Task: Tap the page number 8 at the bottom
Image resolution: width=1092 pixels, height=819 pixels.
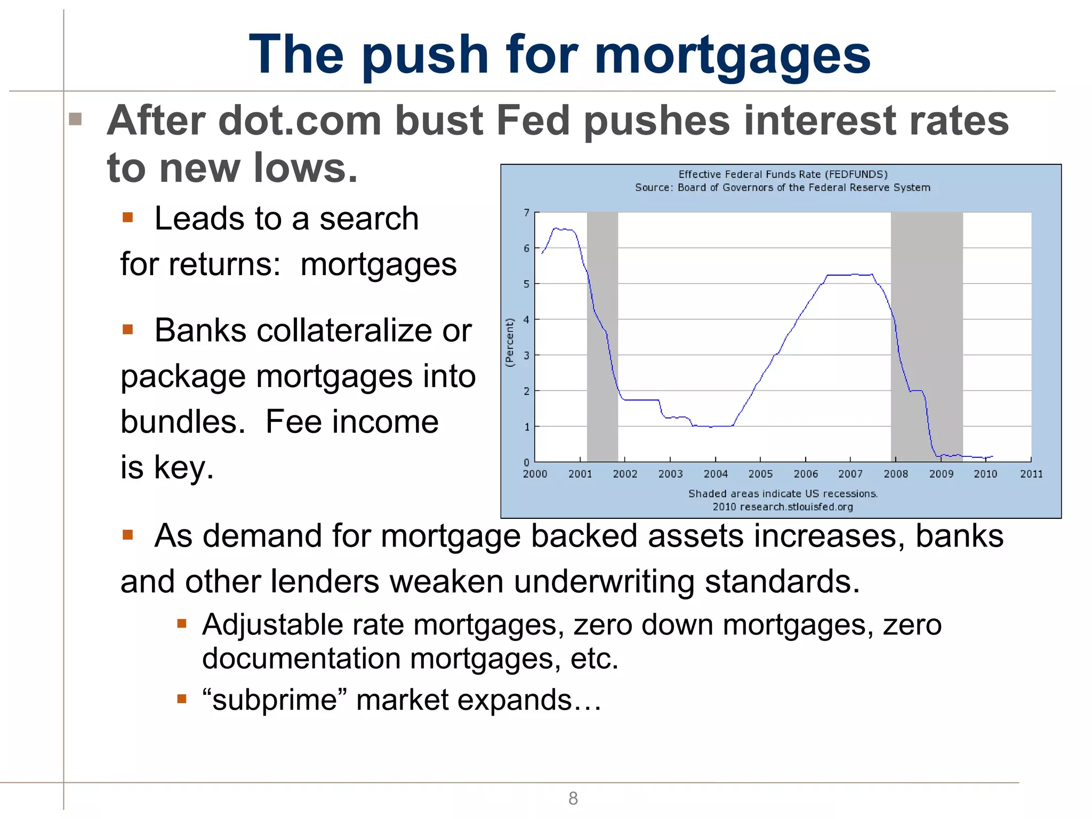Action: [573, 798]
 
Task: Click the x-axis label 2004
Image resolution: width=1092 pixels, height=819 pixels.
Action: [715, 474]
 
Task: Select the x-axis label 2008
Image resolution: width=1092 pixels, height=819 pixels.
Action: [895, 474]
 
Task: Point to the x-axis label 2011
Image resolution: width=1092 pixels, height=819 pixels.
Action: [1031, 474]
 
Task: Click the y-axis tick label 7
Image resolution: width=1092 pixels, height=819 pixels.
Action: [526, 213]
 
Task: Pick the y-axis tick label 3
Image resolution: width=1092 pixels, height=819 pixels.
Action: [526, 356]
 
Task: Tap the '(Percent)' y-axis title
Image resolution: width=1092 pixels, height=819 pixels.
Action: [510, 342]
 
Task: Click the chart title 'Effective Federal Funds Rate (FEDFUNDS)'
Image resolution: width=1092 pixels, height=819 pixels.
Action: [783, 174]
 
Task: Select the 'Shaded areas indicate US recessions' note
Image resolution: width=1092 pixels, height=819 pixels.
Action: [783, 494]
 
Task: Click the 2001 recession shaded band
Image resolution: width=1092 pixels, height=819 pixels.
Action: [602, 336]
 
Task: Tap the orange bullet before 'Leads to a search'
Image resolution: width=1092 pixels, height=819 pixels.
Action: [127, 218]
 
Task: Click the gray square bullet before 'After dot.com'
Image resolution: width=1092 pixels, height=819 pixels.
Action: [75, 119]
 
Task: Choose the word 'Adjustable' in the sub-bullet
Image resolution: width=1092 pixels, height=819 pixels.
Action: [272, 624]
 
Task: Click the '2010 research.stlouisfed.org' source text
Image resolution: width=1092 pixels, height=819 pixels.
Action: [783, 507]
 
